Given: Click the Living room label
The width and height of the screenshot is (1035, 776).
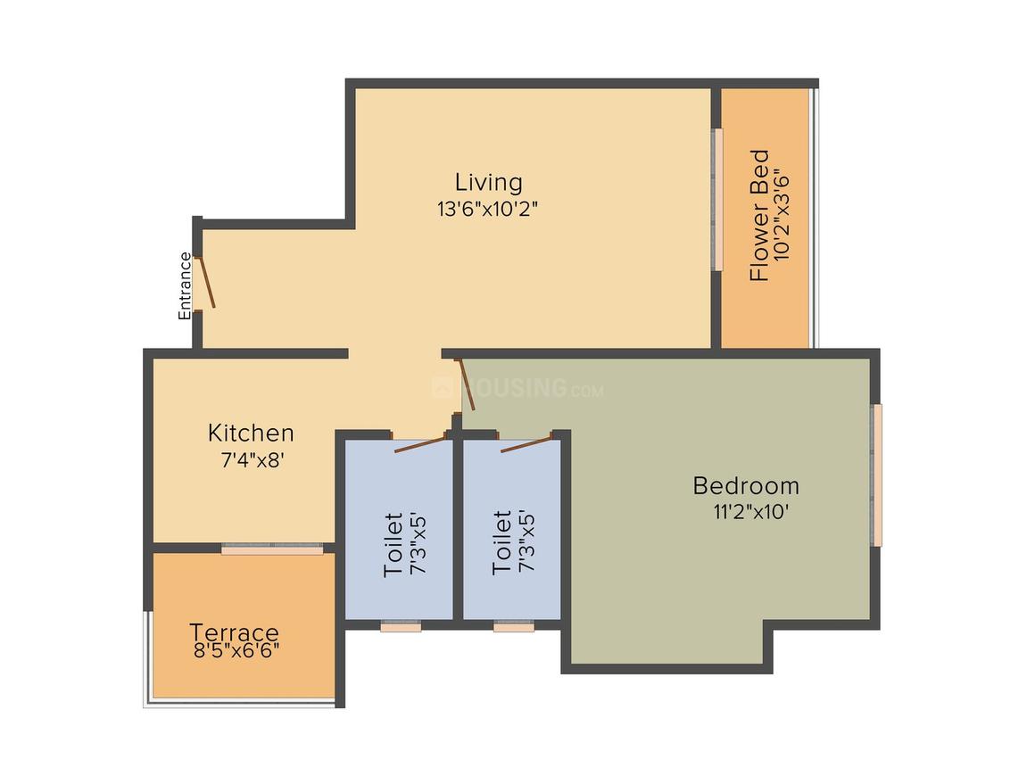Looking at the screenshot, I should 488,182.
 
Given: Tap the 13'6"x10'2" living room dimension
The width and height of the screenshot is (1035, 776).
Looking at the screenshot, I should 486,210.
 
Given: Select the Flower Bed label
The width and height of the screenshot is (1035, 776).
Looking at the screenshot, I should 759,215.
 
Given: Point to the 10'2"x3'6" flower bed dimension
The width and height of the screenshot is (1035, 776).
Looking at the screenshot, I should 782,215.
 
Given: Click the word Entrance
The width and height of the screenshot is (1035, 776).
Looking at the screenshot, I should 185,286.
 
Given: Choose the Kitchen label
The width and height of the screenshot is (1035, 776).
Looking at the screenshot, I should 251,433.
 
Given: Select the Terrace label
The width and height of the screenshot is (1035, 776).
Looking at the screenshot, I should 234,632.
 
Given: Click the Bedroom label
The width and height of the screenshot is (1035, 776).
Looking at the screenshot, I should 746,486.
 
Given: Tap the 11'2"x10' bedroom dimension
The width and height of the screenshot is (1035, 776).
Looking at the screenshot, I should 746,513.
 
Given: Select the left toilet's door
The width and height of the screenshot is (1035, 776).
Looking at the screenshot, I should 419,443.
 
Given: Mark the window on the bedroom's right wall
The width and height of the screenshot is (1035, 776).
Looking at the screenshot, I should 877,475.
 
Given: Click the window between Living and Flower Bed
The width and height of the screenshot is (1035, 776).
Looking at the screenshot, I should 716,200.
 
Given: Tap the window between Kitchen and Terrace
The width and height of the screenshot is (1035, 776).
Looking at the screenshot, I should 272,549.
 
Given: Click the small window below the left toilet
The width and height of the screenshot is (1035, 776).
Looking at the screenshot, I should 401,628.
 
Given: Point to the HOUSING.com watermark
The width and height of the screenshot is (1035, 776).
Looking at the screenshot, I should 517,389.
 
